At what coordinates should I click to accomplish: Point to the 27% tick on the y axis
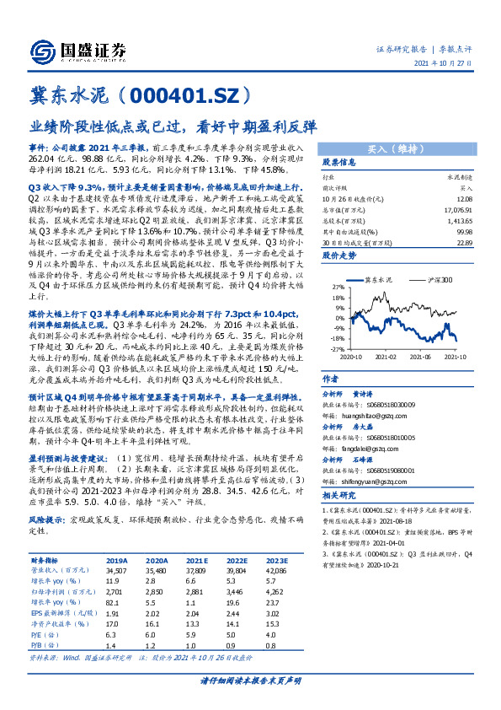tap(336, 288)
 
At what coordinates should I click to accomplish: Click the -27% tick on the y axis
tap(335, 347)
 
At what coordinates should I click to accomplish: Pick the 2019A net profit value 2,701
tap(115, 593)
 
